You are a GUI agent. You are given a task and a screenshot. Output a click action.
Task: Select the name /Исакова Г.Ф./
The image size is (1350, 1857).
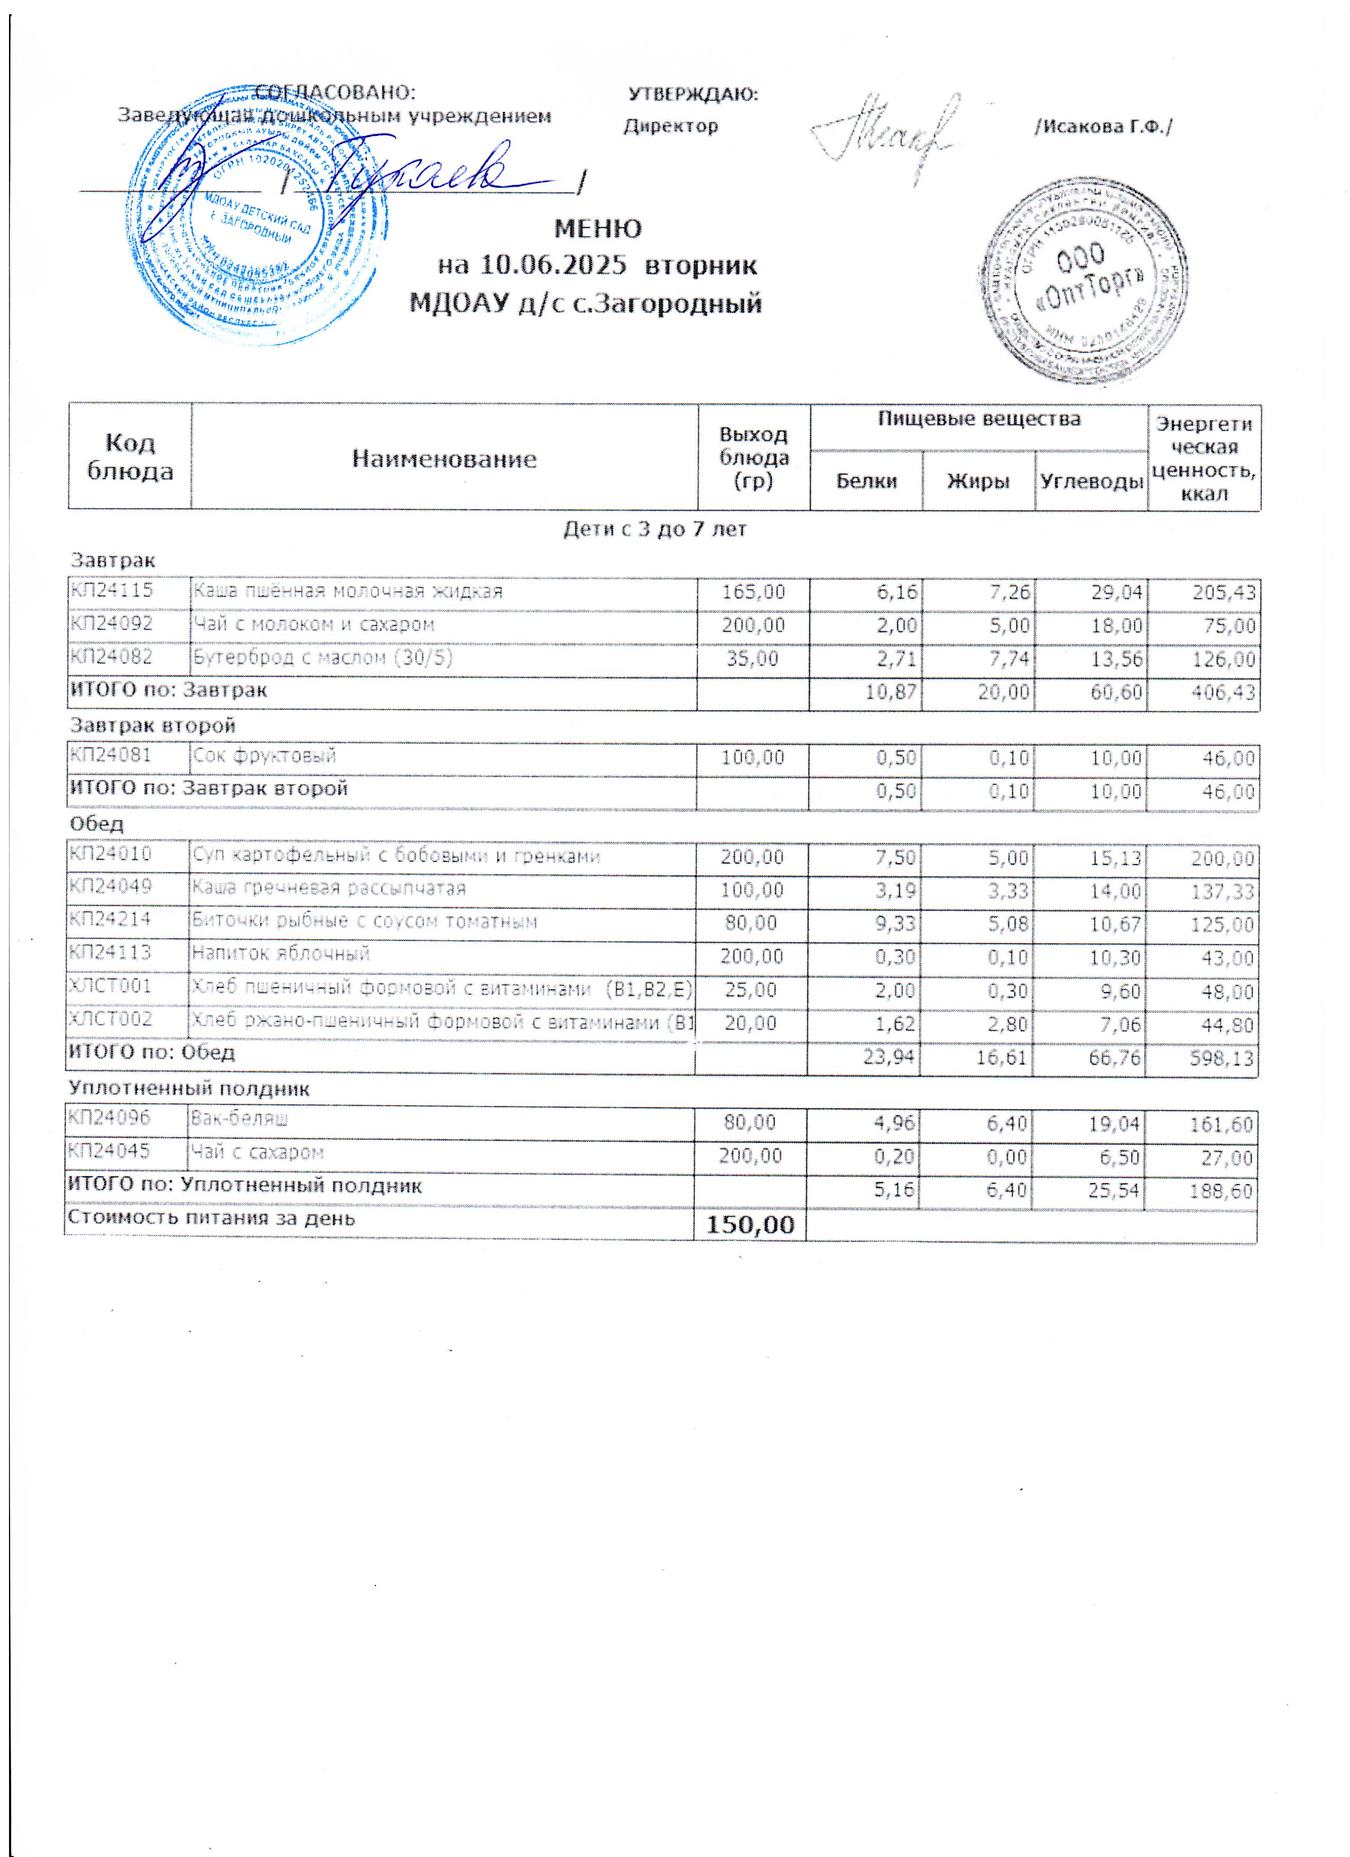pos(1103,127)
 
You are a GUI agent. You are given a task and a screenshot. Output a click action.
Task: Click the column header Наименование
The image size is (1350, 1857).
pos(444,459)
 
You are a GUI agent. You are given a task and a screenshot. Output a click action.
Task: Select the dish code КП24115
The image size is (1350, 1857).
pos(111,590)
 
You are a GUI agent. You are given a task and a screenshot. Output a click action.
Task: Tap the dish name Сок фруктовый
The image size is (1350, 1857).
pos(265,755)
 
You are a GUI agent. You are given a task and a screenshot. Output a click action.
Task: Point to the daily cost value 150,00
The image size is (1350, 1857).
pos(750,1225)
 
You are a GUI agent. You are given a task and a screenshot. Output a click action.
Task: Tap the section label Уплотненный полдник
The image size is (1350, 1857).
pos(189,1088)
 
